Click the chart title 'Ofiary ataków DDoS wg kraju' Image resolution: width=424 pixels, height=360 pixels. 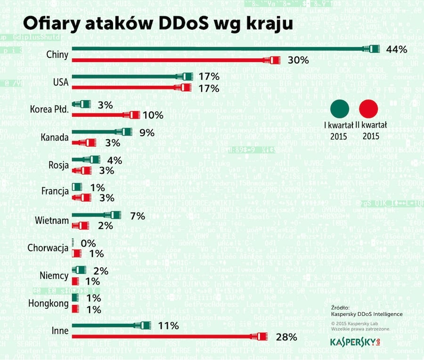click(158, 24)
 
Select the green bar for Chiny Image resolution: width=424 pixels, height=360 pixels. click(221, 48)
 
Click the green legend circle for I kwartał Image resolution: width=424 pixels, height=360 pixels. click(340, 109)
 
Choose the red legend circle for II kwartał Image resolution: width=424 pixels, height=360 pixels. click(368, 109)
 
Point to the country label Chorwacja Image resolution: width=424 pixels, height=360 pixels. click(48, 248)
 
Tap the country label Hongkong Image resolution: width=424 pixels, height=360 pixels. click(49, 304)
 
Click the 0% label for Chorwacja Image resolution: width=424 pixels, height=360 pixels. click(88, 243)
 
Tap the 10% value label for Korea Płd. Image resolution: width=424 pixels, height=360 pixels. click(153, 115)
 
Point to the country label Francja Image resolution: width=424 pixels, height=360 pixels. click(55, 192)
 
